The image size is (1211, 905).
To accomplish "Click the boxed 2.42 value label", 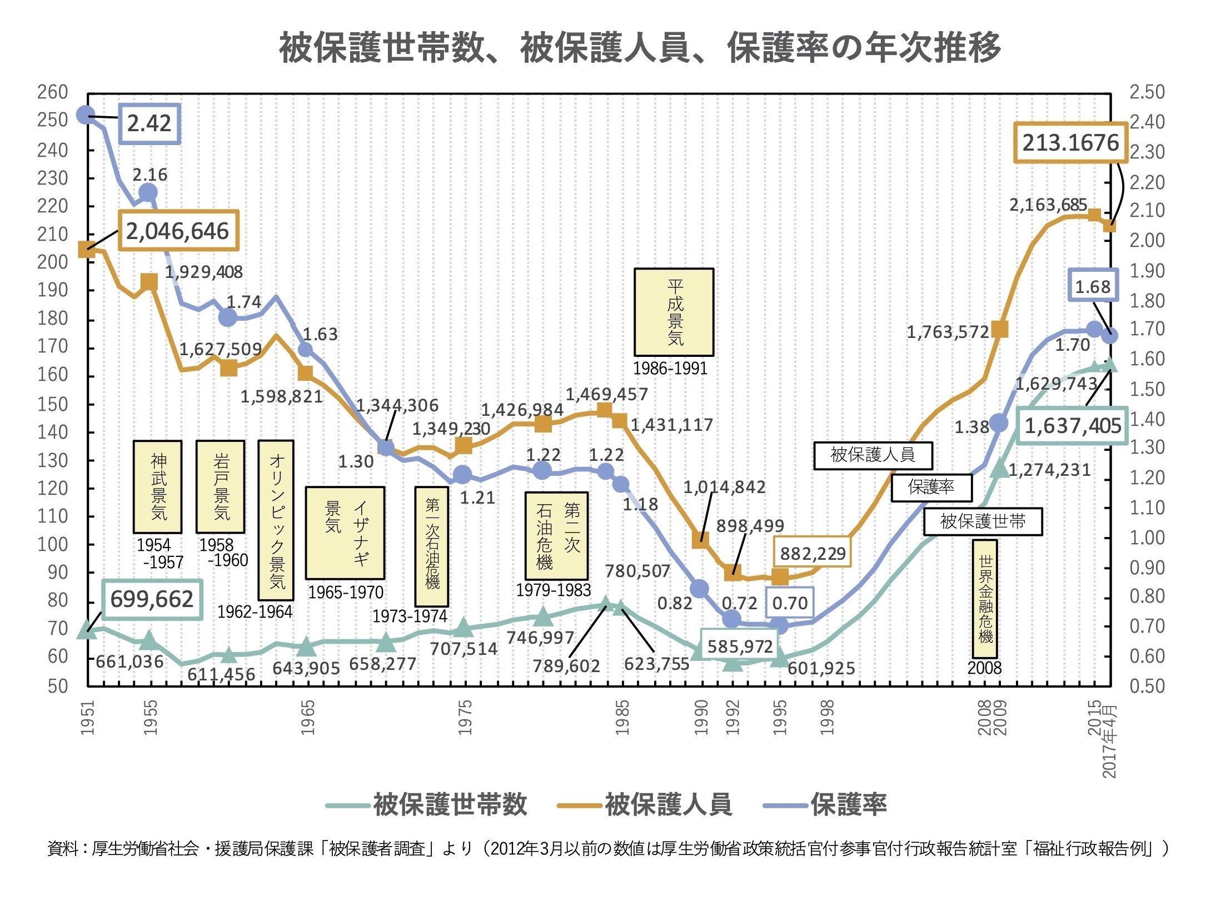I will (149, 123).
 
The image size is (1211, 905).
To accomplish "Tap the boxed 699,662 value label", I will (152, 599).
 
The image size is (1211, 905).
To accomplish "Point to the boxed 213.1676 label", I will (1070, 143).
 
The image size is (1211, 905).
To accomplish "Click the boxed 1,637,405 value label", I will (1073, 426).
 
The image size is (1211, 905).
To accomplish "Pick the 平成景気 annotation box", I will (674, 312).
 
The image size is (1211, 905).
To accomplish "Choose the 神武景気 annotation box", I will (158, 487).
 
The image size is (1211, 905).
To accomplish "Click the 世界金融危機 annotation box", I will (985, 598).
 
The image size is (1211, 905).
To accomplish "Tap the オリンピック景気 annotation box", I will (276, 520).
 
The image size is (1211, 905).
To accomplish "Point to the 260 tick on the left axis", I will (53, 92).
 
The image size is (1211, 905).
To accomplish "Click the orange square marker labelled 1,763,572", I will (1000, 329).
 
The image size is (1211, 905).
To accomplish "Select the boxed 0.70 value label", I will (789, 603).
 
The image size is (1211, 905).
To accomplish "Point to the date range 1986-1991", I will (670, 368).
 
